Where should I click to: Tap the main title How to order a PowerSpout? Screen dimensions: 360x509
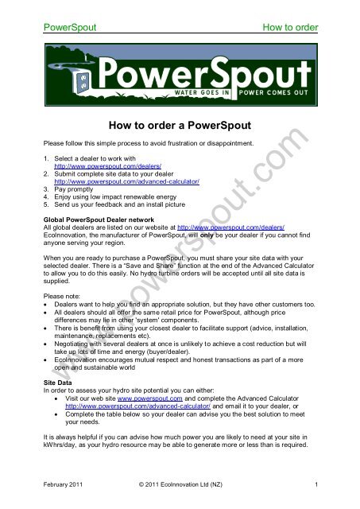click(180, 124)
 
